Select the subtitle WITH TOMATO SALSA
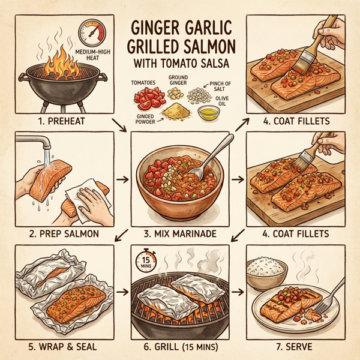pos(179,64)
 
